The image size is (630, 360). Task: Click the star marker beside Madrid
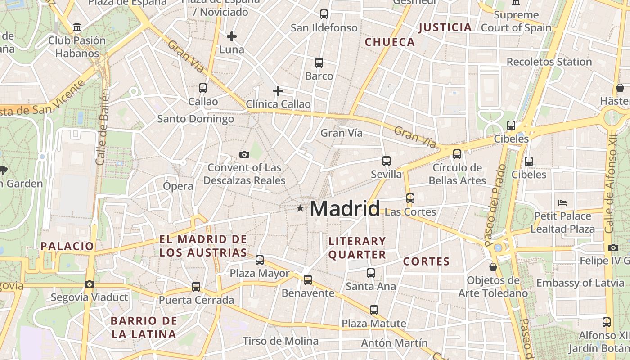pyautogui.click(x=300, y=208)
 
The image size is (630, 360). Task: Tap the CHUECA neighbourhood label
pyautogui.click(x=390, y=42)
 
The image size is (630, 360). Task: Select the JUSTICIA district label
pyautogui.click(x=445, y=27)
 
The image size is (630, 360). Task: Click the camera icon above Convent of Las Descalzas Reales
pyautogui.click(x=244, y=154)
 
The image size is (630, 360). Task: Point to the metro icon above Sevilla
pyautogui.click(x=386, y=161)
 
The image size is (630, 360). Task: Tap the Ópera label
pyautogui.click(x=178, y=186)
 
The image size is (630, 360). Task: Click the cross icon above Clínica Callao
pyautogui.click(x=278, y=91)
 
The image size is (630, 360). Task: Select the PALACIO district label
pyautogui.click(x=67, y=246)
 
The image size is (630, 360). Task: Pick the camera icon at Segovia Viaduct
pyautogui.click(x=90, y=284)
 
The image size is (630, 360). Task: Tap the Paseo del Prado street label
pyautogui.click(x=495, y=205)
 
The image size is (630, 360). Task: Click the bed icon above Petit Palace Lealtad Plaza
pyautogui.click(x=562, y=203)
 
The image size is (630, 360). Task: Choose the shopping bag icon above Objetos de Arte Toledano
pyautogui.click(x=493, y=267)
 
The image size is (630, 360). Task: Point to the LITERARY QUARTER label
pyautogui.click(x=357, y=248)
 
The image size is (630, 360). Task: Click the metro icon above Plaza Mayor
pyautogui.click(x=260, y=260)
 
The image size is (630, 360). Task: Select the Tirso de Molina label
pyautogui.click(x=280, y=341)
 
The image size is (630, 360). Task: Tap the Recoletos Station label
pyautogui.click(x=549, y=62)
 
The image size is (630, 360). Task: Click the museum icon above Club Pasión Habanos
pyautogui.click(x=77, y=27)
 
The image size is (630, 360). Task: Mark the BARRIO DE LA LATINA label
pyautogui.click(x=144, y=328)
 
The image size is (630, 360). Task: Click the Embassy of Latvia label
pyautogui.click(x=580, y=283)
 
